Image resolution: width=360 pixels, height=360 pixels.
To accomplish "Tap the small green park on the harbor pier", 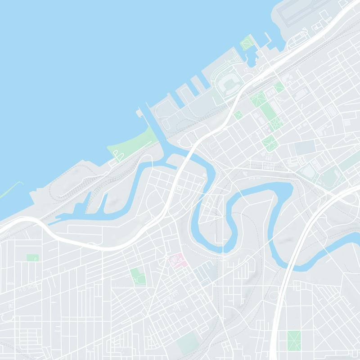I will click(x=247, y=43).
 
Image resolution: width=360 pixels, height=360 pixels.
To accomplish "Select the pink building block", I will click(x=176, y=260).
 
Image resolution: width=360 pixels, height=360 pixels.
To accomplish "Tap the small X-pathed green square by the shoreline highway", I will click(x=238, y=115).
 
